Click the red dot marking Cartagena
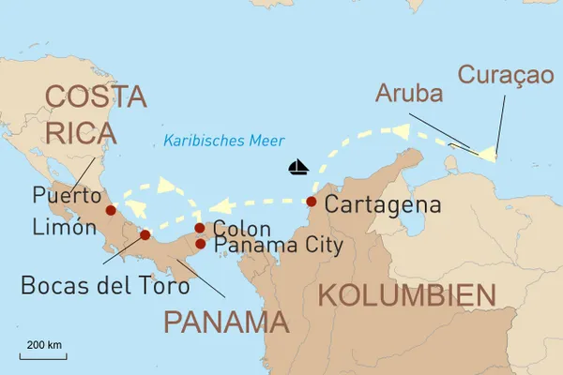pos(312,202)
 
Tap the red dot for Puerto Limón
pos(111,211)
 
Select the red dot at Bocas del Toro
pos(145,234)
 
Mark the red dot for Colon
pos(200,228)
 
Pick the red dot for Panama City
pos(200,244)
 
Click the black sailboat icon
pos(298,168)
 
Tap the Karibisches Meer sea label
pos(223,142)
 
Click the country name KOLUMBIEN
pos(406,296)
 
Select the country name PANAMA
pos(225,322)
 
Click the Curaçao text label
pos(506,75)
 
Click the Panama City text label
pos(279,246)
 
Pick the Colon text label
pos(242,228)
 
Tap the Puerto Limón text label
pos(65,211)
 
